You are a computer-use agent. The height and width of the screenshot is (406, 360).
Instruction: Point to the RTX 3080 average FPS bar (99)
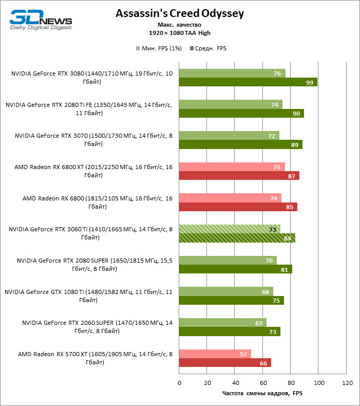tap(248, 82)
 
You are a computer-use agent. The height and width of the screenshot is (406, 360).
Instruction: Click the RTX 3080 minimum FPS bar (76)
tap(232, 73)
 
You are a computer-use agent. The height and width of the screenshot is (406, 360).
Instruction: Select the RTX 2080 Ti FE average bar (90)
tap(241, 114)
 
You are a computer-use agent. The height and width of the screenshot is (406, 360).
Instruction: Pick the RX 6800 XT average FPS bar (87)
tap(239, 176)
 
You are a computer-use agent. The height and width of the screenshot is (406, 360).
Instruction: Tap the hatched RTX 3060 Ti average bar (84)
tap(237, 238)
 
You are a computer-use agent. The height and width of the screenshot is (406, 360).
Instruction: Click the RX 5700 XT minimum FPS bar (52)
tap(215, 354)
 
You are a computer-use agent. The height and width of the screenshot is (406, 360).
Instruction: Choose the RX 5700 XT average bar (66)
tap(225, 363)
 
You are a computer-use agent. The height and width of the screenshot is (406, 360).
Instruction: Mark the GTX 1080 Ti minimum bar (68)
tap(226, 291)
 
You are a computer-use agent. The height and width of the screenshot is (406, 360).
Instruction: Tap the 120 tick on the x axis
tap(347, 383)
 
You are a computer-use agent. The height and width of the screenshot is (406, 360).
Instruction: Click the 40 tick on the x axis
tap(235, 383)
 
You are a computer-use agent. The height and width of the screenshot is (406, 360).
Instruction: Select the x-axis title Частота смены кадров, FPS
tap(263, 394)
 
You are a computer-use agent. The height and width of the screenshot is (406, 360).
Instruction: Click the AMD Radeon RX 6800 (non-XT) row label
tap(98, 202)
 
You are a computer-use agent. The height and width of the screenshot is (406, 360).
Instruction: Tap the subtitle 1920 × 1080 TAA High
tap(179, 33)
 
